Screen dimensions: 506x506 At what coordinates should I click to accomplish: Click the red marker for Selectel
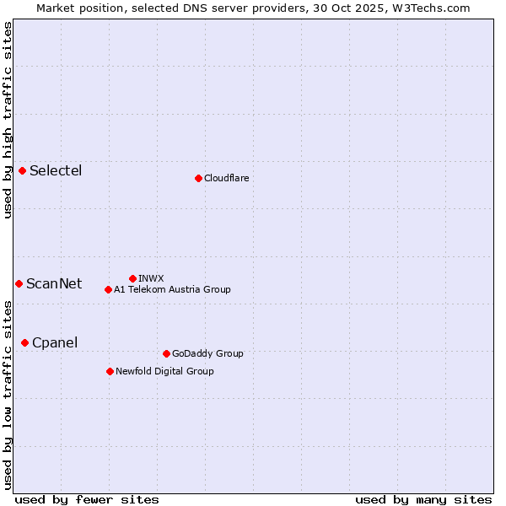pyautogui.click(x=23, y=171)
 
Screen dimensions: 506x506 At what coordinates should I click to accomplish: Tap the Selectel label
pyautogui.click(x=56, y=171)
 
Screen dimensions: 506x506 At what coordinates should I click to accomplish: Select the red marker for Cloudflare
pyautogui.click(x=198, y=178)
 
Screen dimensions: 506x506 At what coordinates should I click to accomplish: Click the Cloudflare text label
pyautogui.click(x=226, y=178)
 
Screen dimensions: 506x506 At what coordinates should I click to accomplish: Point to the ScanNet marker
pyautogui.click(x=19, y=283)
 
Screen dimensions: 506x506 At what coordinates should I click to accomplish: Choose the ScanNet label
pyautogui.click(x=54, y=283)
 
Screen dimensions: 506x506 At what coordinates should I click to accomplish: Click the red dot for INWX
pyautogui.click(x=132, y=278)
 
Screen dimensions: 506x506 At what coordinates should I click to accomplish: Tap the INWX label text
pyautogui.click(x=151, y=278)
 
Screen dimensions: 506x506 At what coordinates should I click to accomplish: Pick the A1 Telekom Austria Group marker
pyautogui.click(x=108, y=289)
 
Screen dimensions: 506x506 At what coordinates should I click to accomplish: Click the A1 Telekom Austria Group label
pyautogui.click(x=172, y=289)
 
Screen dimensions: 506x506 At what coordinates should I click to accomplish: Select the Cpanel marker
pyautogui.click(x=25, y=342)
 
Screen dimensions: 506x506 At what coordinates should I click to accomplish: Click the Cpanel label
pyautogui.click(x=55, y=342)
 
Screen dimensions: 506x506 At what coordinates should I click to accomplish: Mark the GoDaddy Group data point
pyautogui.click(x=166, y=353)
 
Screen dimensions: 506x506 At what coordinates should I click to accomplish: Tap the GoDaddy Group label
pyautogui.click(x=207, y=353)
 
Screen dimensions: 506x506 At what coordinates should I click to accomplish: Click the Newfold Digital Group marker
pyautogui.click(x=110, y=371)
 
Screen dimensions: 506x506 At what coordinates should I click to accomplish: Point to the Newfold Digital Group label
pyautogui.click(x=164, y=371)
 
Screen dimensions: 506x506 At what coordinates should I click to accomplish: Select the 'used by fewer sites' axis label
pyautogui.click(x=87, y=499)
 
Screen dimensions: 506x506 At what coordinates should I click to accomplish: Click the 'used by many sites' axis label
pyautogui.click(x=423, y=499)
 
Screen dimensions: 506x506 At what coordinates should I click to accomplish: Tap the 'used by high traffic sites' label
pyautogui.click(x=8, y=120)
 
